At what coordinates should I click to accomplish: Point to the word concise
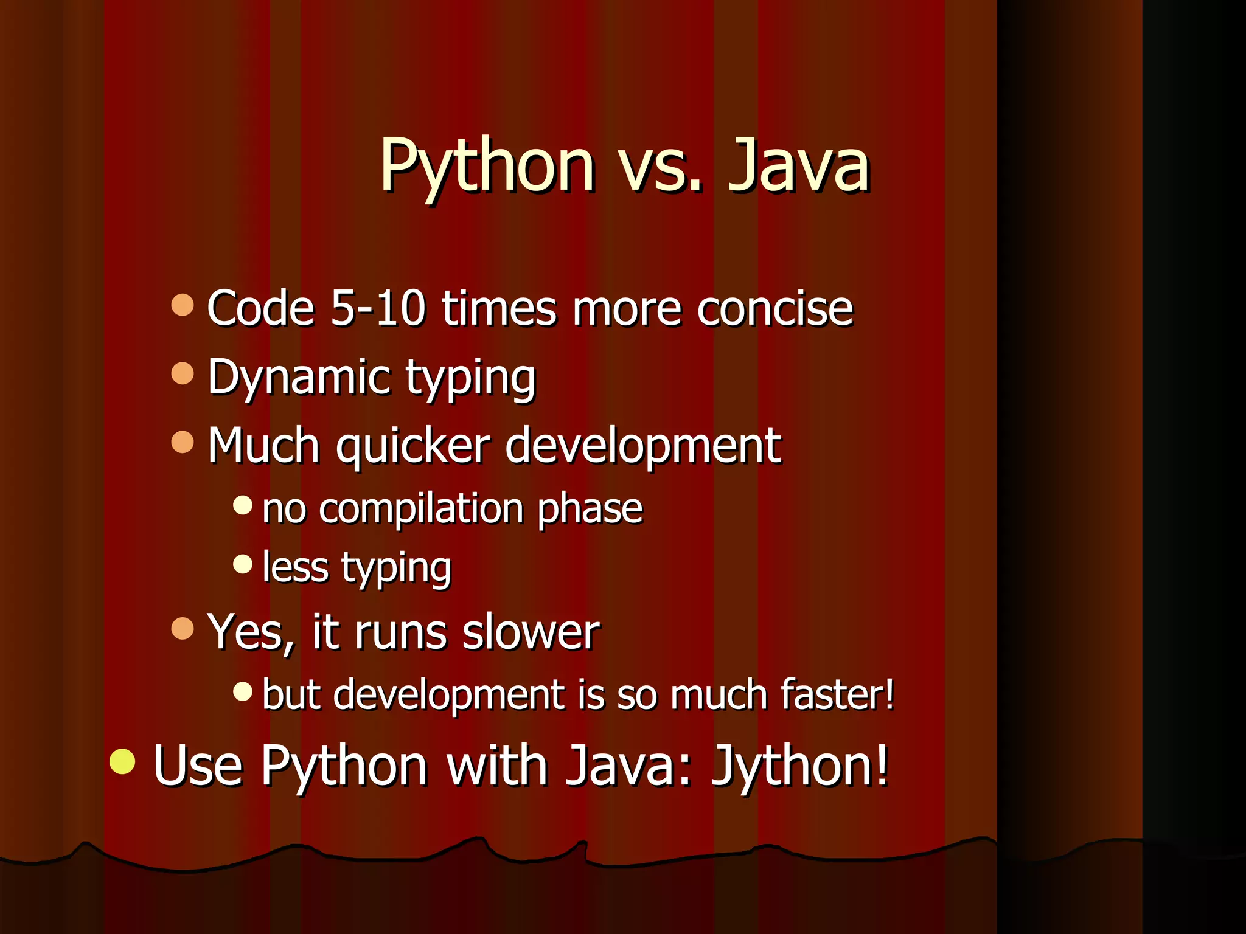point(775,309)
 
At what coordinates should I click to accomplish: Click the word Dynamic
point(299,377)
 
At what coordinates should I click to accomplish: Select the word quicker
point(413,446)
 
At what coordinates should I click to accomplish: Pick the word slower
point(531,632)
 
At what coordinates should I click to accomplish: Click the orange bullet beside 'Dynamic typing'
point(183,373)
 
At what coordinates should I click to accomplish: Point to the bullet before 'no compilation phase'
point(243,505)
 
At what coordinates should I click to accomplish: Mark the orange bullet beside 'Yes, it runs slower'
point(183,629)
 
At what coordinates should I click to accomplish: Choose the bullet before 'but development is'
point(243,691)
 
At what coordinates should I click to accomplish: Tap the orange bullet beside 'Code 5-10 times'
point(183,305)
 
